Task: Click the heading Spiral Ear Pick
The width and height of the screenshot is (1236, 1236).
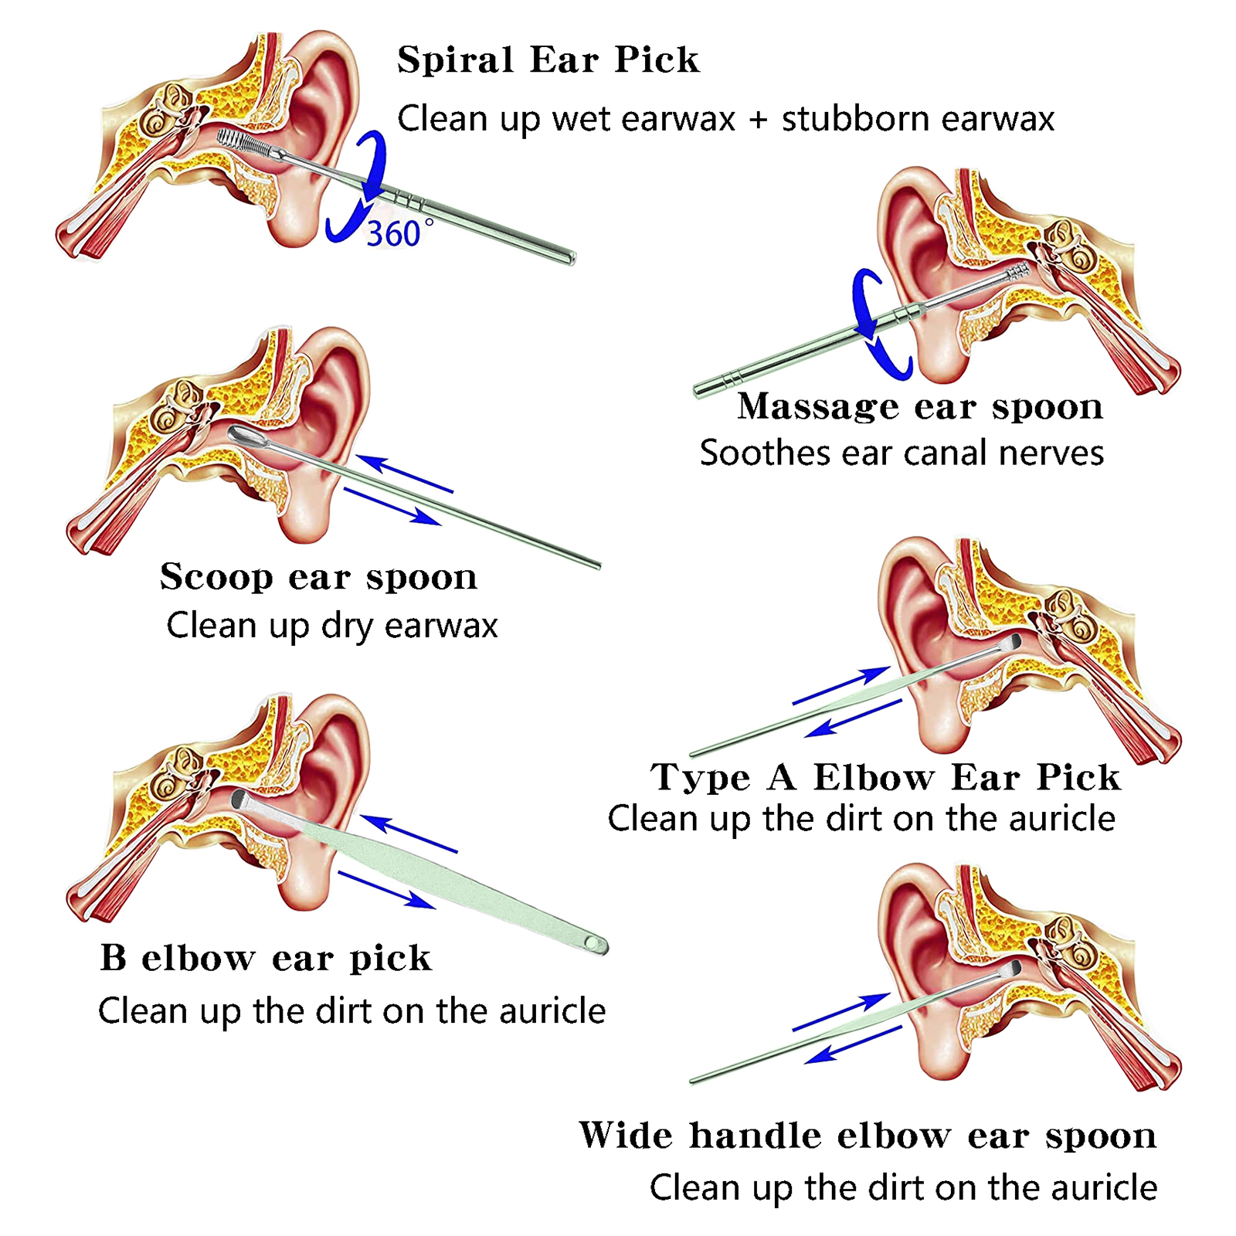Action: pyautogui.click(x=548, y=60)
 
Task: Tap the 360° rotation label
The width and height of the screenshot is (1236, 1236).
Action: pyautogui.click(x=399, y=233)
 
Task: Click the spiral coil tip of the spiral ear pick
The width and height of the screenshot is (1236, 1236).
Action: pyautogui.click(x=243, y=143)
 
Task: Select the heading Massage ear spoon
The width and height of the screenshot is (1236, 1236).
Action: pyautogui.click(x=919, y=406)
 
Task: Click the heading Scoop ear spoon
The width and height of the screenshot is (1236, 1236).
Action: pyautogui.click(x=318, y=577)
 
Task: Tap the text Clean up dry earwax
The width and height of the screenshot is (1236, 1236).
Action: pyautogui.click(x=332, y=626)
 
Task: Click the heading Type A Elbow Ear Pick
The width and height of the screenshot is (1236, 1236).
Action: pyautogui.click(x=885, y=777)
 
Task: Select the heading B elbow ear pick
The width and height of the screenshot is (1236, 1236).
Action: pyautogui.click(x=266, y=958)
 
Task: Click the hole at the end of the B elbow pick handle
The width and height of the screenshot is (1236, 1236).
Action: pyautogui.click(x=593, y=943)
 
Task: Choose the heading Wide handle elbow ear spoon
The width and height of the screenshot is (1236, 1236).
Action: pyautogui.click(x=868, y=1136)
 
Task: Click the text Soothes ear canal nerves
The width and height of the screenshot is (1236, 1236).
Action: pyautogui.click(x=902, y=453)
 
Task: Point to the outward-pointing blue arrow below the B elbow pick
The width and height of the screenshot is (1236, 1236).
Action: pyautogui.click(x=386, y=890)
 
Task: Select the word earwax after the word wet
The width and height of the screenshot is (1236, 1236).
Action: pyautogui.click(x=677, y=120)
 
